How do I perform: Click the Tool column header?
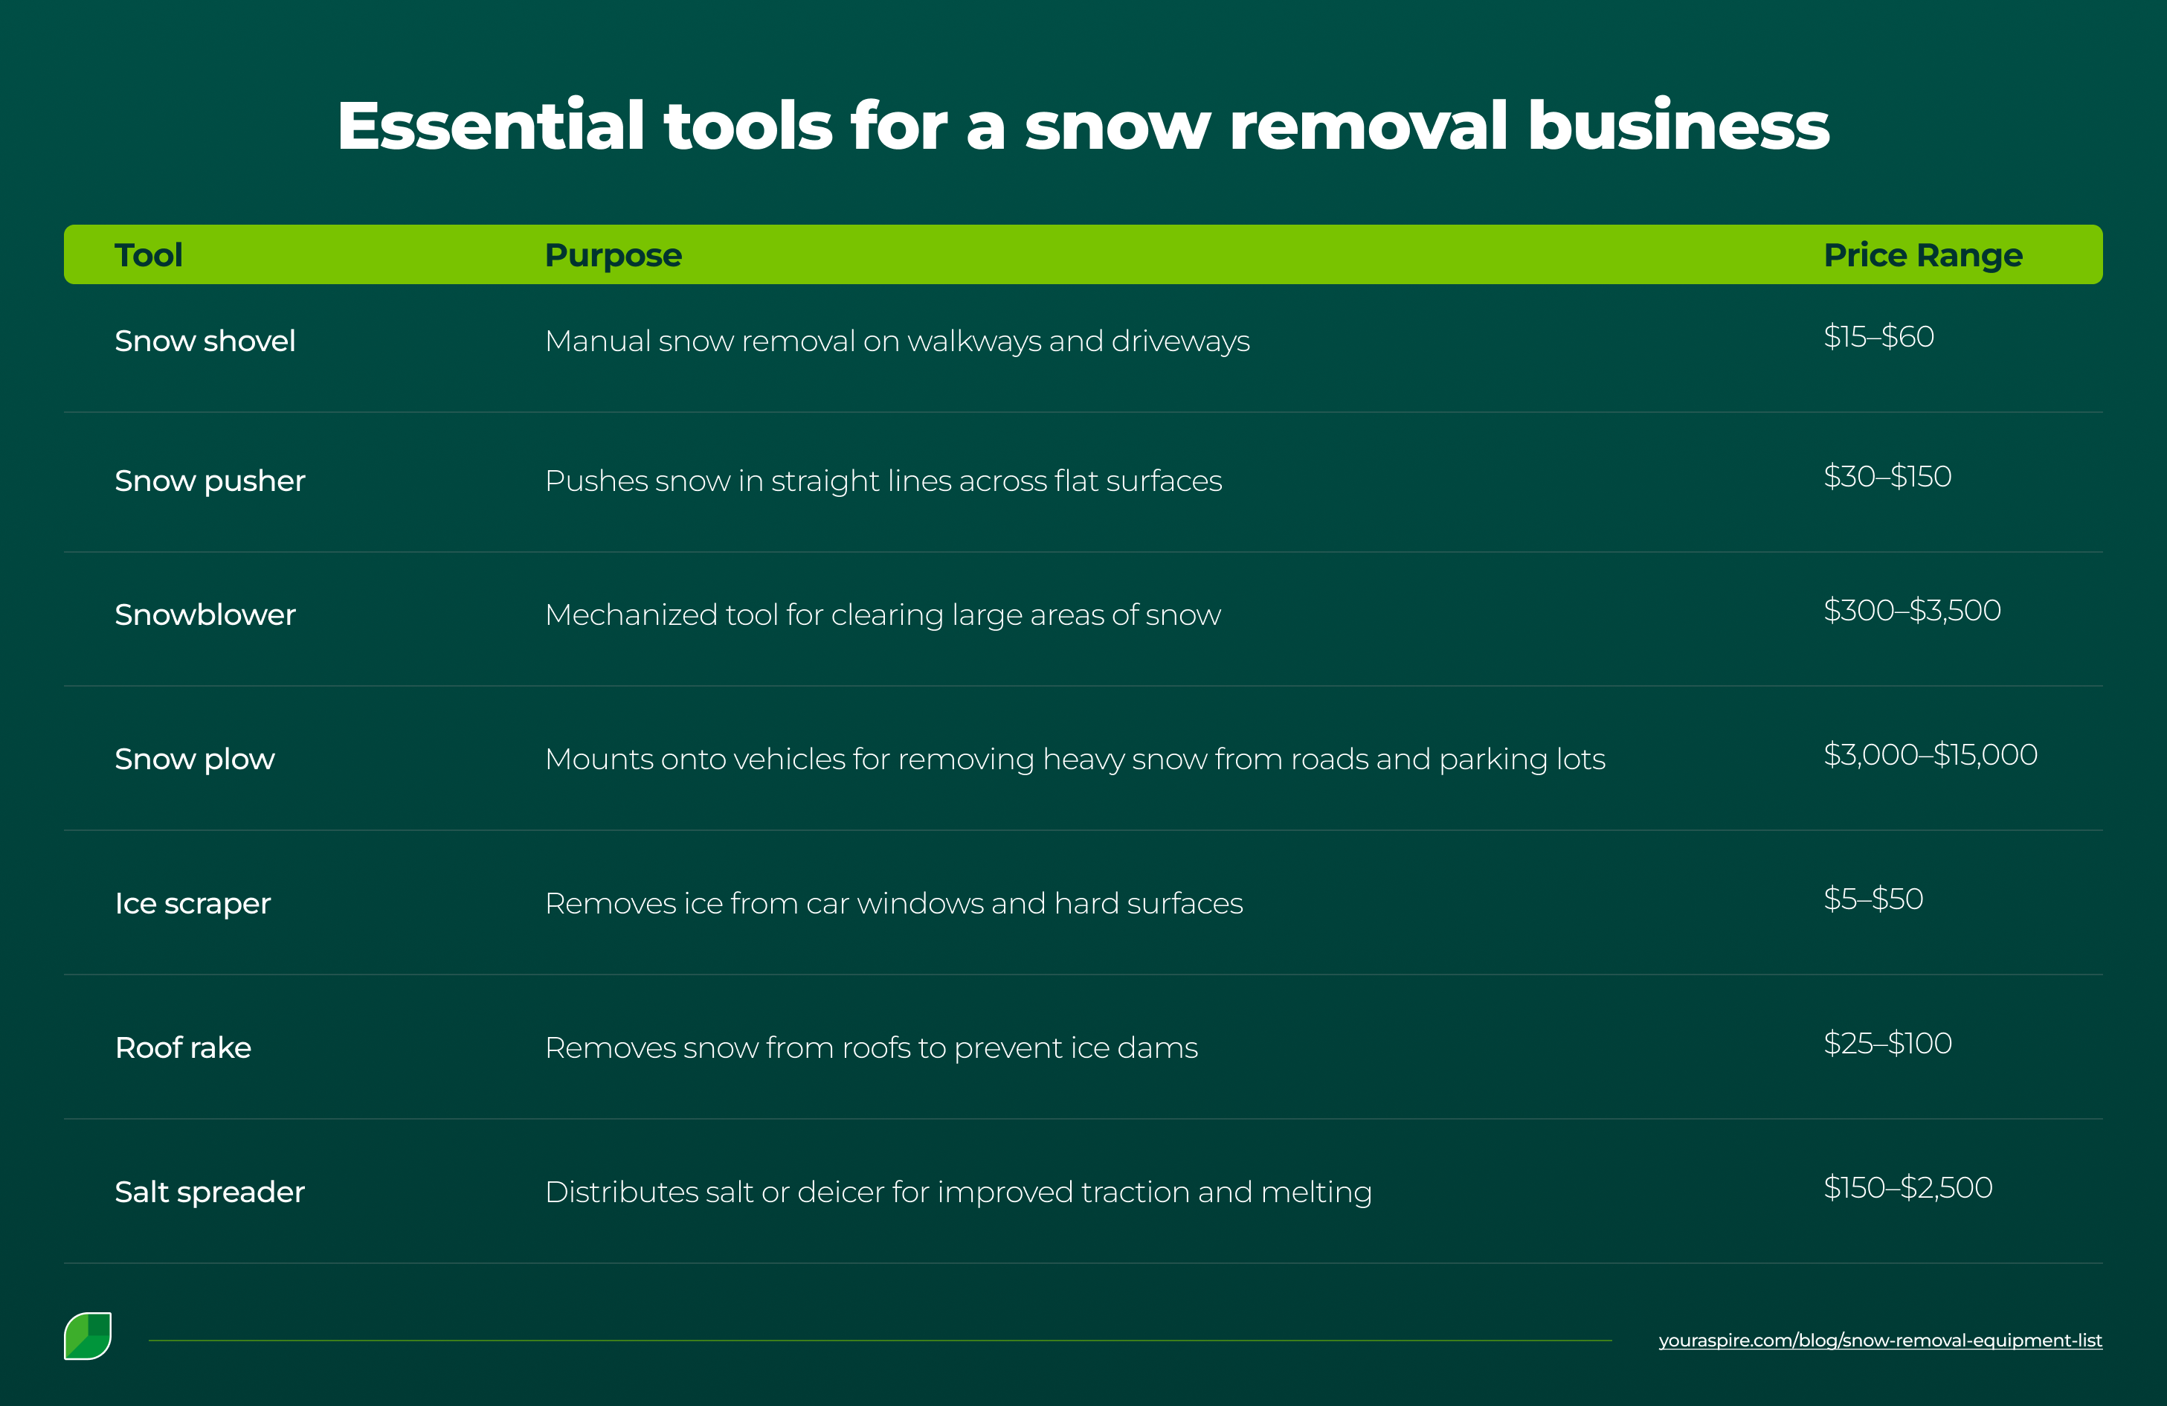pos(149,255)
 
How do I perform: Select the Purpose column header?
pos(613,255)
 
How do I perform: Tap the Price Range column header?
pos(1922,255)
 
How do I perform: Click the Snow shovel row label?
pos(205,341)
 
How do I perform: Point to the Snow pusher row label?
pos(210,481)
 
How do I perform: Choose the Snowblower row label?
pos(205,614)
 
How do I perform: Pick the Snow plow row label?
pos(194,759)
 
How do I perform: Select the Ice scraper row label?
pos(192,903)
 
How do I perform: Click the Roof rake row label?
pos(183,1047)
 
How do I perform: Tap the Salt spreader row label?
pos(210,1191)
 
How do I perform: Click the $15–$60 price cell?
pos(1878,337)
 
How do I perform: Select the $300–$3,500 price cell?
pos(1911,610)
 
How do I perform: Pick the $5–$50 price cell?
pos(1873,899)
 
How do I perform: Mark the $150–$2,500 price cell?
pos(1907,1187)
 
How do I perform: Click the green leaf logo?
pos(88,1336)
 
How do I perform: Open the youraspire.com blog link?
pos(1879,1341)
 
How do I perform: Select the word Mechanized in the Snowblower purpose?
pos(631,614)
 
